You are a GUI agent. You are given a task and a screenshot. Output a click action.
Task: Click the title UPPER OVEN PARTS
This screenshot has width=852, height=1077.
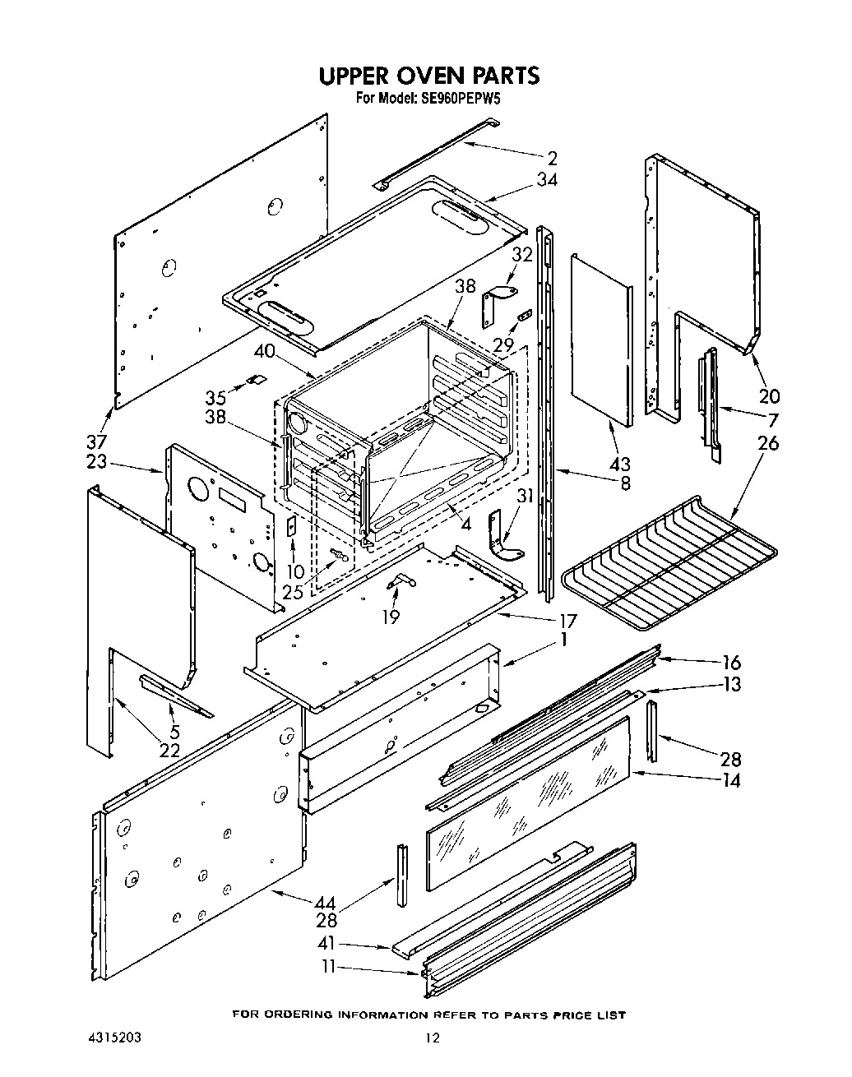pos(428,76)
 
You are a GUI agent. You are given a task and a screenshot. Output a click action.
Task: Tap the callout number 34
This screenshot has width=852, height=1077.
pos(547,180)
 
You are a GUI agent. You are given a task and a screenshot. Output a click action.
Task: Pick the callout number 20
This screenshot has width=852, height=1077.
pos(769,395)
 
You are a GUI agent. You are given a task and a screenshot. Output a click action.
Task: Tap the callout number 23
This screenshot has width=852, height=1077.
pos(96,462)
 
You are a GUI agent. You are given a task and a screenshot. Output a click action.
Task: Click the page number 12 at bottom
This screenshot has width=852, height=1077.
pos(432,1038)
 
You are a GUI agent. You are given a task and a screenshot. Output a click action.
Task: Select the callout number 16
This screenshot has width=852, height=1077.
pos(730,662)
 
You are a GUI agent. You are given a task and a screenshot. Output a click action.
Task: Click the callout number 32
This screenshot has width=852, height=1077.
pos(521,255)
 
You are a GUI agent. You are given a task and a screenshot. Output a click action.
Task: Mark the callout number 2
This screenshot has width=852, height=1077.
pos(552,159)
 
